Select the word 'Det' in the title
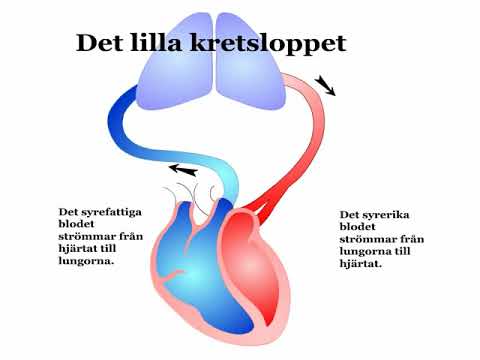(x=102, y=43)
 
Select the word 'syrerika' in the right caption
(x=383, y=214)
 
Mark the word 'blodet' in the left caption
(x=78, y=224)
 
